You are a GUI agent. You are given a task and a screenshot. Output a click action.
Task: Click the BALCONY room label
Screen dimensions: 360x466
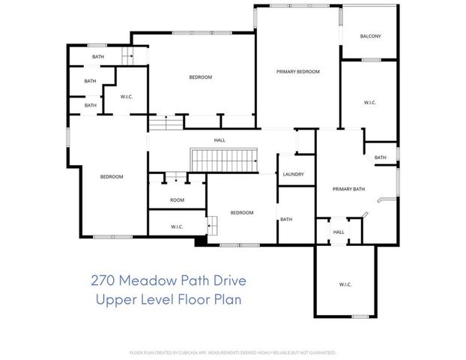coord(370,36)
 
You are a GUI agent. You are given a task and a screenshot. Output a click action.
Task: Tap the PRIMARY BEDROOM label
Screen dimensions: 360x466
coord(297,71)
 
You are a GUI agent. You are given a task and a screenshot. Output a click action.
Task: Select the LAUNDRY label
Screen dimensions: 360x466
coord(293,174)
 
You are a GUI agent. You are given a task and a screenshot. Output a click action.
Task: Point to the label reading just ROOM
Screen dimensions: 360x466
coord(177,199)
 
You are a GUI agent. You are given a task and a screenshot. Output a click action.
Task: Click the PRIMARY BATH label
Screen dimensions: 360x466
coord(348,188)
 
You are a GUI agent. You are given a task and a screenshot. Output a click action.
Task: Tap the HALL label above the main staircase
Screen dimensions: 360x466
coord(220,140)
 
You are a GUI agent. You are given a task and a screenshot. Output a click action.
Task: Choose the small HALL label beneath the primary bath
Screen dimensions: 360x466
coord(339,232)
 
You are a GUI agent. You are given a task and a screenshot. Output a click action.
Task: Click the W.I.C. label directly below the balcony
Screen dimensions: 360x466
coord(369,102)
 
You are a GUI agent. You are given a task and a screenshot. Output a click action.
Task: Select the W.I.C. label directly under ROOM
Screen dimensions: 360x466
coord(177,226)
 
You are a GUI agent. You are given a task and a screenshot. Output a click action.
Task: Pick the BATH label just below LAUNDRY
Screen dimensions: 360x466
coord(285,219)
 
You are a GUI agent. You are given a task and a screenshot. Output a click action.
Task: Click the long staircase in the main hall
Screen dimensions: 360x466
coord(226,159)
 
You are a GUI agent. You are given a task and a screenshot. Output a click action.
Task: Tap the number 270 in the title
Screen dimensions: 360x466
coord(103,281)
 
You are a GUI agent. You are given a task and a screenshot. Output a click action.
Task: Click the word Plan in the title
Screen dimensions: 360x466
coord(229,300)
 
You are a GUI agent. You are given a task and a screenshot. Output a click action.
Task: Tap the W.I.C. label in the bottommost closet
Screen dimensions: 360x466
coord(345,284)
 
